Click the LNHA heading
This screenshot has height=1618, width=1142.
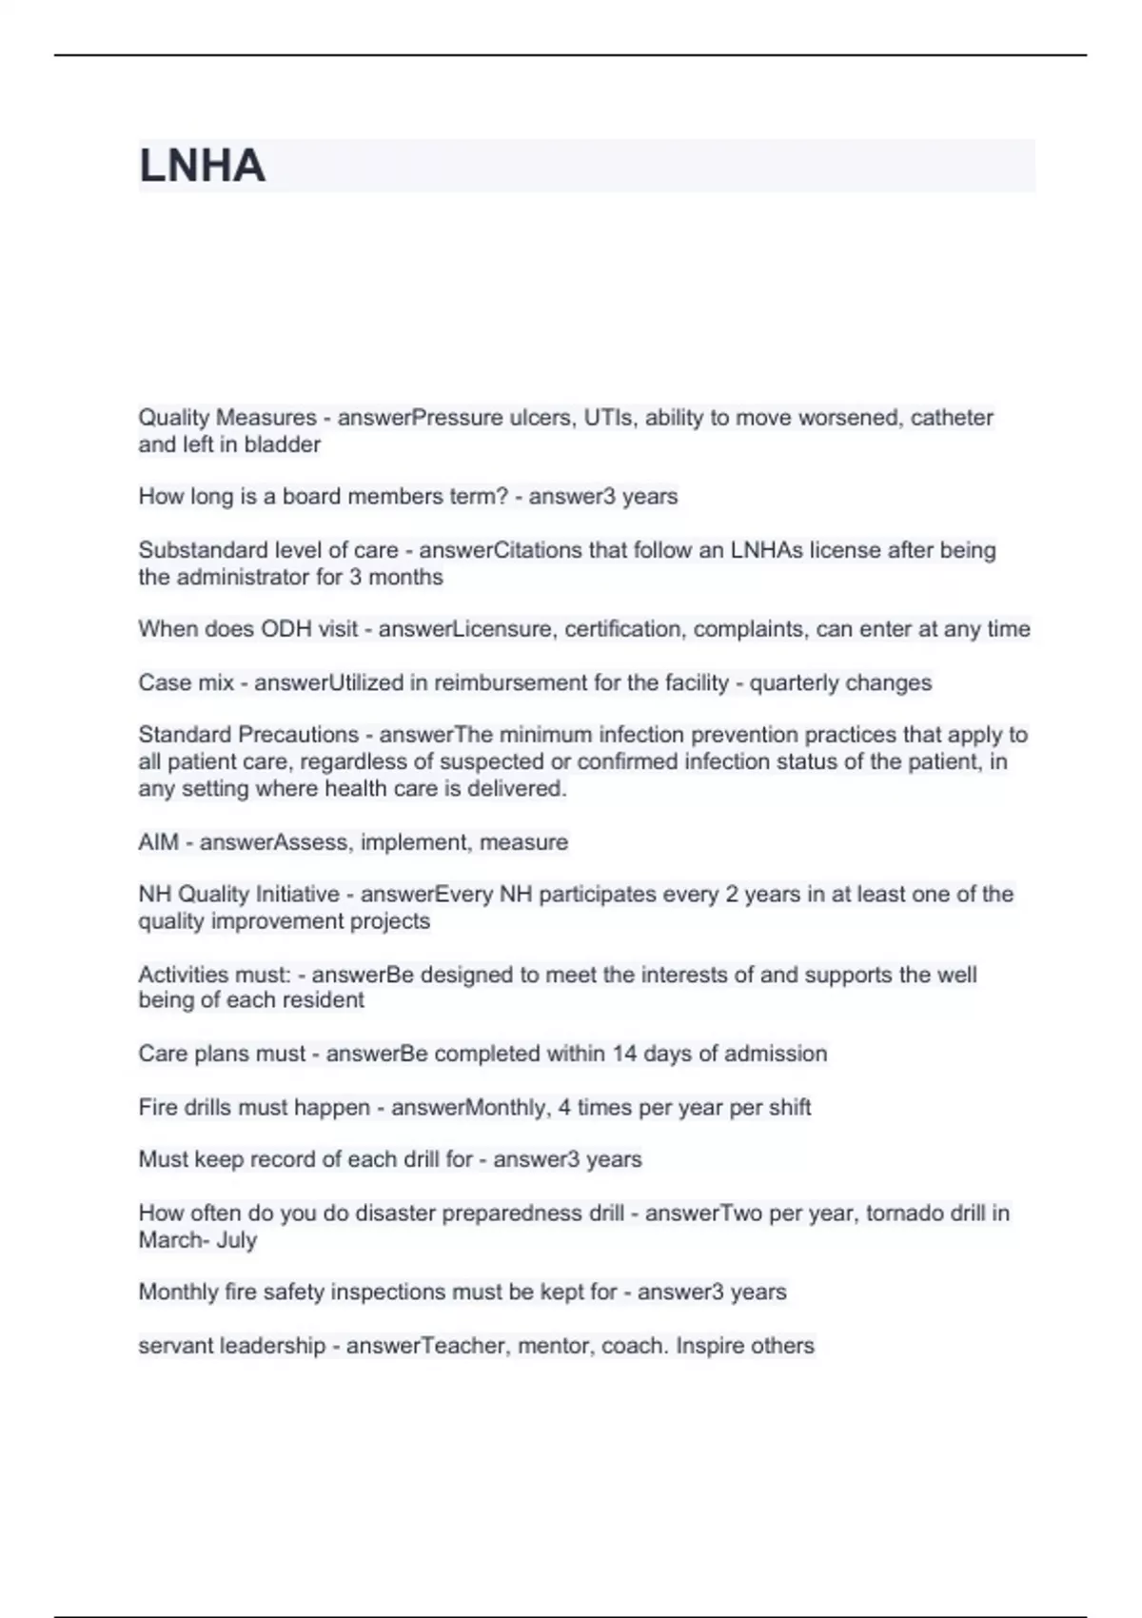202,166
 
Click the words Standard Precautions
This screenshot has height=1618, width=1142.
247,735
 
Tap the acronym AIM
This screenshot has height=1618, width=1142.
158,842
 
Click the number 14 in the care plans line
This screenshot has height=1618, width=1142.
624,1054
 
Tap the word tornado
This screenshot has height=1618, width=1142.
910,1213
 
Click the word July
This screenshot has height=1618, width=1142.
237,1240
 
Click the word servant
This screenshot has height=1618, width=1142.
175,1346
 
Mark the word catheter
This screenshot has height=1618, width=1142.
952,418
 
